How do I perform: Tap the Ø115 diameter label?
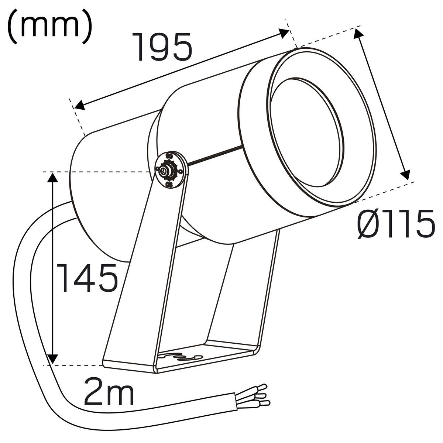tap(396, 223)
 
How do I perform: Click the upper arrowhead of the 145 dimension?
tap(52, 177)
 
